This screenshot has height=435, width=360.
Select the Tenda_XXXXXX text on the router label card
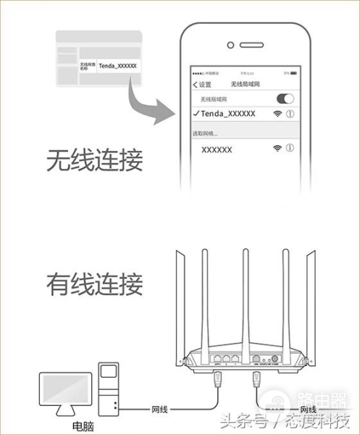pyautogui.click(x=116, y=65)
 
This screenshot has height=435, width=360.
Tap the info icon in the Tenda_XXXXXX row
pyautogui.click(x=290, y=115)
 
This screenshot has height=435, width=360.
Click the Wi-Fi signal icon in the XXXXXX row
pyautogui.click(x=277, y=148)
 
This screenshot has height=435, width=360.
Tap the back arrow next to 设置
pyautogui.click(x=195, y=84)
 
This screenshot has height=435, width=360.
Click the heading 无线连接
pyautogui.click(x=94, y=159)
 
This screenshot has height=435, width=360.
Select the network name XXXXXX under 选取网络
pyautogui.click(x=217, y=149)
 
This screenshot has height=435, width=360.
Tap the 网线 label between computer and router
pyautogui.click(x=159, y=410)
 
